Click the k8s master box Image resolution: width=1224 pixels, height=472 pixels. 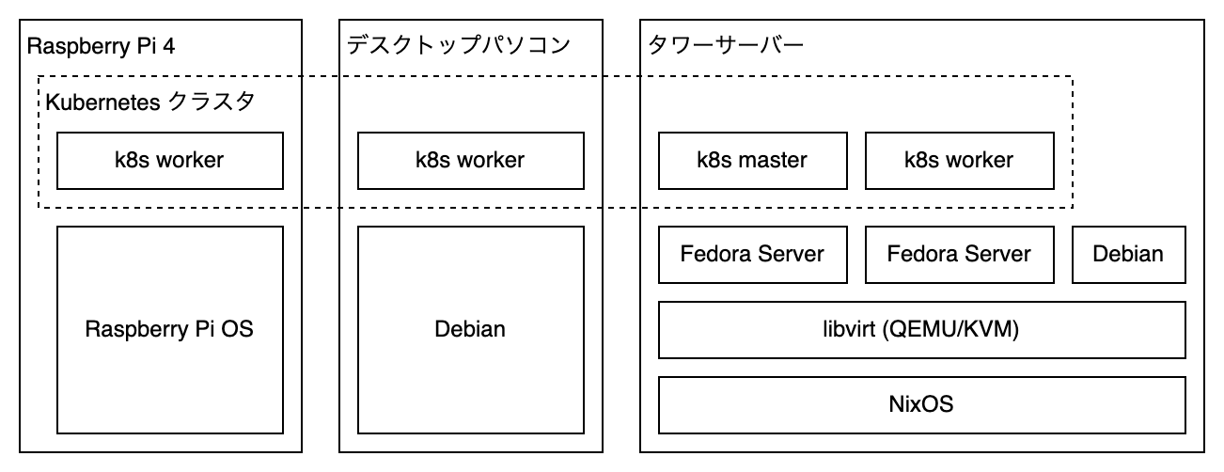click(751, 160)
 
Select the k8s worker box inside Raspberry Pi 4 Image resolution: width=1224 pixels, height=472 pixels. click(169, 160)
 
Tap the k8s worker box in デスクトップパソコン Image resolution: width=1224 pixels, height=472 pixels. click(470, 160)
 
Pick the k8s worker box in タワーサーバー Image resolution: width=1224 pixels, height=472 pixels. click(958, 160)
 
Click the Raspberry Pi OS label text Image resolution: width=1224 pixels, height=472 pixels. click(169, 330)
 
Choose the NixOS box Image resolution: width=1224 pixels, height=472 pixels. click(920, 405)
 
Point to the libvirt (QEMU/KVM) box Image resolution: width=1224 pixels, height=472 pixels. click(920, 330)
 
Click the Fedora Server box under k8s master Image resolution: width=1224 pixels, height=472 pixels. click(751, 254)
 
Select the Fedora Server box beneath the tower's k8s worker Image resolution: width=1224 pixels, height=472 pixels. click(958, 254)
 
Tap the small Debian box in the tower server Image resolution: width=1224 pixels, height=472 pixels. click(1128, 254)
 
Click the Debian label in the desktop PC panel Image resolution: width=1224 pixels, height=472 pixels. click(470, 330)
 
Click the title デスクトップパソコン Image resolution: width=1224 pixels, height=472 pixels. click(459, 46)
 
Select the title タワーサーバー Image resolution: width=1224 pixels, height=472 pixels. click(725, 46)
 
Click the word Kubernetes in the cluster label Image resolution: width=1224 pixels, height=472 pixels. click(102, 102)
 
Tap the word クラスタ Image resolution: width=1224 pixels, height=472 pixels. click(212, 102)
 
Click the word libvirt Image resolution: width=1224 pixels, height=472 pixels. click(850, 330)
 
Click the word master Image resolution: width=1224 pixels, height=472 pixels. click(772, 160)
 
